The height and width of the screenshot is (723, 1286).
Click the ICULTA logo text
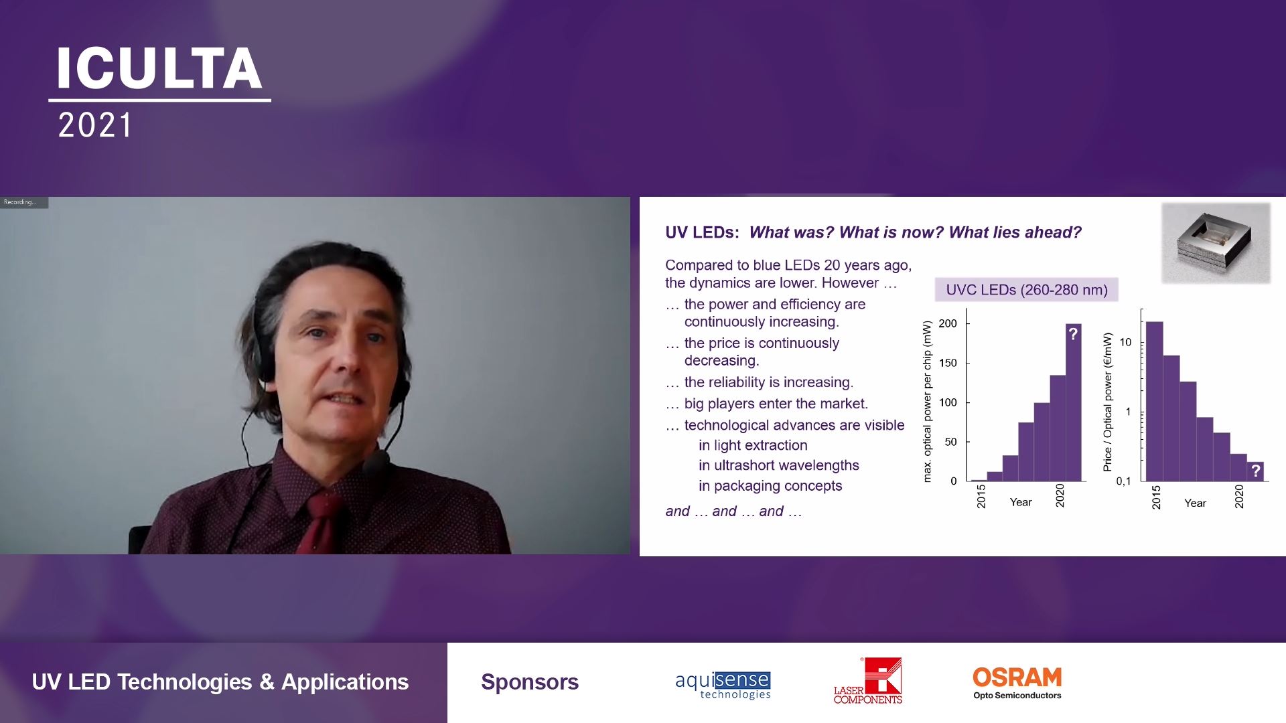(159, 68)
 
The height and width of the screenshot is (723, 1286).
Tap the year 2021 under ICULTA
(95, 126)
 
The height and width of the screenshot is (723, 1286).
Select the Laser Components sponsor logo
(868, 681)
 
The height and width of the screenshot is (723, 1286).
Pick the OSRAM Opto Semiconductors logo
(1017, 683)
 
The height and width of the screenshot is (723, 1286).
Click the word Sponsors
(530, 681)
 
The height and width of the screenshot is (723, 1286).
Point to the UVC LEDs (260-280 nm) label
(1027, 290)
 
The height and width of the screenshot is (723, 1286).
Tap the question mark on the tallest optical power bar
(1073, 333)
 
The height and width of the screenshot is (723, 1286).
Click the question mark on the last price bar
(1256, 471)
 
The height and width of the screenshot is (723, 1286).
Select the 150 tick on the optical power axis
(948, 363)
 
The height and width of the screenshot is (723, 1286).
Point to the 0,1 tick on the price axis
(1123, 481)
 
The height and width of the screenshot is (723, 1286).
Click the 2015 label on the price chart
(1156, 498)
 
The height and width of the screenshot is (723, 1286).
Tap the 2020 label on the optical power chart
(1060, 495)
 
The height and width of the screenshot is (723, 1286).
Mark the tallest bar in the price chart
(1154, 402)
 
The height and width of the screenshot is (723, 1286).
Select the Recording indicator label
(20, 202)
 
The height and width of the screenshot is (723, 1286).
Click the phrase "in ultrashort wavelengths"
(778, 465)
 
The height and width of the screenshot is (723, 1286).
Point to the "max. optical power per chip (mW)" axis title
(927, 402)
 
